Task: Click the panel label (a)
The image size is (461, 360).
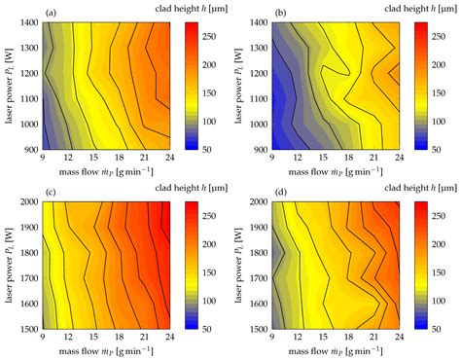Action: [52, 14]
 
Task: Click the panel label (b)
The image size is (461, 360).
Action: [281, 14]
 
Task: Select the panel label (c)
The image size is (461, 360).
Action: [52, 193]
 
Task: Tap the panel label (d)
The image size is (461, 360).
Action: [281, 193]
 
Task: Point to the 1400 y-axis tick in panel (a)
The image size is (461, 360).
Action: [29, 22]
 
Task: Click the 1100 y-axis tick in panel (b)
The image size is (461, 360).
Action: [259, 99]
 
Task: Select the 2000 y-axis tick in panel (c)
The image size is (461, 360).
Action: [29, 201]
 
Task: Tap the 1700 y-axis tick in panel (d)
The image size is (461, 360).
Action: [259, 278]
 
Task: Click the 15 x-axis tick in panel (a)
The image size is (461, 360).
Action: [93, 158]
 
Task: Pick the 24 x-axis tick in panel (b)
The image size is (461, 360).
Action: [400, 158]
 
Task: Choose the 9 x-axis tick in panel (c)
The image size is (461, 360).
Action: [43, 337]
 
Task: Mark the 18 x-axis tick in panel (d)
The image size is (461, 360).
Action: [348, 337]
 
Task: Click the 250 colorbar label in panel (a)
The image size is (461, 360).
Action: [209, 36]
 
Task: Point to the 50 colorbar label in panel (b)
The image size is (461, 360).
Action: [437, 150]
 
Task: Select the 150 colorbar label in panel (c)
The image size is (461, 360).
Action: [209, 272]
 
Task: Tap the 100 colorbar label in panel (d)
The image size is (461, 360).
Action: [439, 301]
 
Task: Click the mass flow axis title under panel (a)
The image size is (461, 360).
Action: [106, 172]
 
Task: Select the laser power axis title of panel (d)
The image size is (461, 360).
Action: [238, 266]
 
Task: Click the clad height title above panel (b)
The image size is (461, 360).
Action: [421, 9]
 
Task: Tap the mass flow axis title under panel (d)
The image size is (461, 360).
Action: [336, 351]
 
